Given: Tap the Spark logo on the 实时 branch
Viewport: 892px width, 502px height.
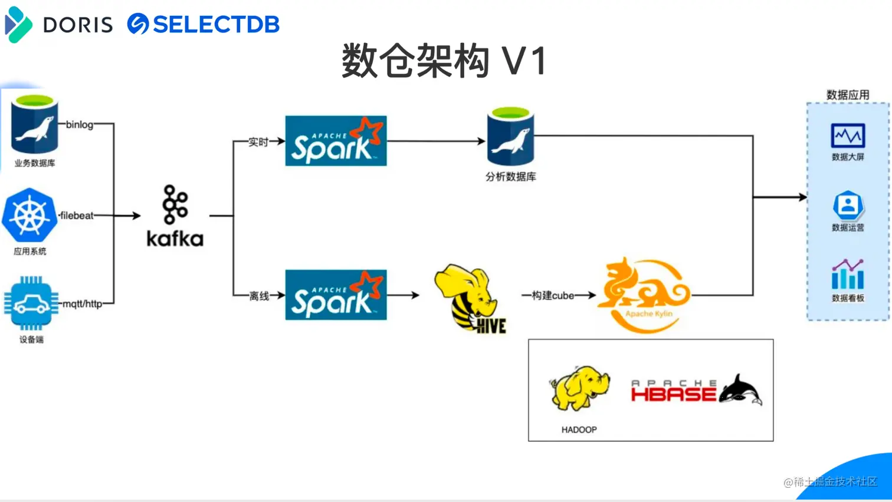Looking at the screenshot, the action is (336, 141).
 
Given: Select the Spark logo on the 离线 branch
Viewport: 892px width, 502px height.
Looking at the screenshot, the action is (336, 295).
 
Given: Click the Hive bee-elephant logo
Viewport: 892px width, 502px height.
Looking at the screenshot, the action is (470, 298).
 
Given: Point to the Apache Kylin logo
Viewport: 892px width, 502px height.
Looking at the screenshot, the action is (644, 295).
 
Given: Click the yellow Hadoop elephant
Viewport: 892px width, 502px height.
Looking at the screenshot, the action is (579, 388).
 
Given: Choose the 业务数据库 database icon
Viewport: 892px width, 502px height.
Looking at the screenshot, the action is (35, 124).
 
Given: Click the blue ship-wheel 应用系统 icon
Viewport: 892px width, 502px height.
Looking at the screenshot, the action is (29, 215).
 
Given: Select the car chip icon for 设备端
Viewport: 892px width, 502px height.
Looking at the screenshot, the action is (31, 303).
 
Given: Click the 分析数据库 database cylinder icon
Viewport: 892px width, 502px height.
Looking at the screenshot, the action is (510, 136).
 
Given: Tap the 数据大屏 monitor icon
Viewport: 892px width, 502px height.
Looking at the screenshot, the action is (848, 136).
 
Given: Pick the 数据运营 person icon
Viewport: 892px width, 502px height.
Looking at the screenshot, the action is (848, 205).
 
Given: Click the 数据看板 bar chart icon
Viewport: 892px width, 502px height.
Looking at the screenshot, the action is (848, 274).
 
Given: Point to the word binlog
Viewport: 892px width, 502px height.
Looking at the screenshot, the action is (80, 124).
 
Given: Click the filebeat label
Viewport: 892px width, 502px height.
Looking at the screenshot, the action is (77, 216).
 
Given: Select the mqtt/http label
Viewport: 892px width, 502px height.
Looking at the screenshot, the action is (83, 304).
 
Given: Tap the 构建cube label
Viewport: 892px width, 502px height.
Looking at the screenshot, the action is (553, 296).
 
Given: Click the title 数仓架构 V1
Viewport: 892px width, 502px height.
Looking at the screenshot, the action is (444, 61).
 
